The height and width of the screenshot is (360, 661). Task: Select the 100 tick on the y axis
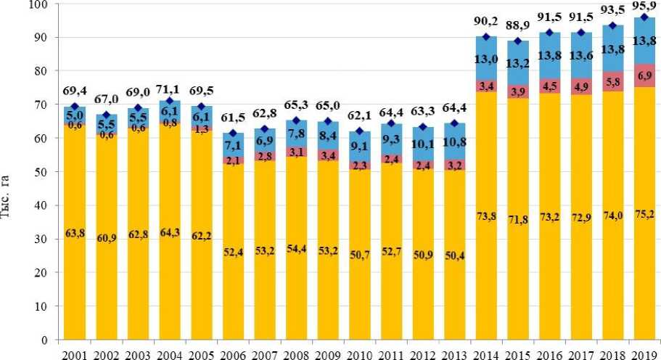point(41,4)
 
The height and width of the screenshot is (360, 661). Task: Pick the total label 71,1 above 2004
point(170,91)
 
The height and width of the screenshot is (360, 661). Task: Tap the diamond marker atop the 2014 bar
point(486,37)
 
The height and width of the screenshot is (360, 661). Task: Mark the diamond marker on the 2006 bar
point(233,134)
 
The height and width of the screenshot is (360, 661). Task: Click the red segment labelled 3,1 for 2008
point(296,152)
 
